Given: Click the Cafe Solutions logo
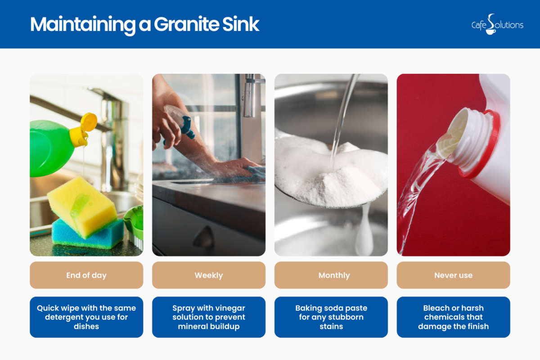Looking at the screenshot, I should [x=497, y=24].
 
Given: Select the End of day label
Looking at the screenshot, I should [x=86, y=275].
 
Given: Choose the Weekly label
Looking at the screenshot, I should [x=209, y=275].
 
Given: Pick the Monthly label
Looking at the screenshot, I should [x=331, y=275].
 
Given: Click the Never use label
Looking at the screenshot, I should [x=453, y=275].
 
